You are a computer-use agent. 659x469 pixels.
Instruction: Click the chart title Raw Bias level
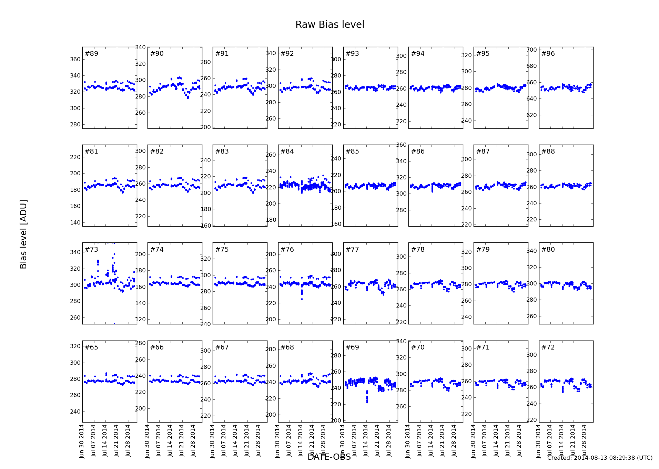tap(329, 25)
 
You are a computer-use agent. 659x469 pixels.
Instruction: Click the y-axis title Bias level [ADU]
tap(23, 234)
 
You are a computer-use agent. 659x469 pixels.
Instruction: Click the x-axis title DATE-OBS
tap(329, 457)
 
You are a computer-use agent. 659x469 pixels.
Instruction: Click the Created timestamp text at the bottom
tap(600, 458)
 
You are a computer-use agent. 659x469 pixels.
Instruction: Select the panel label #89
tap(91, 53)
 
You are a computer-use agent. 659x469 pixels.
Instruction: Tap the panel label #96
tap(548, 53)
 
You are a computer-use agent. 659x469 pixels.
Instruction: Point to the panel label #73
tap(91, 249)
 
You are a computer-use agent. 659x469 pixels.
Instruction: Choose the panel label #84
tap(287, 151)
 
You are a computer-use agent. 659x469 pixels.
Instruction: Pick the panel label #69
tap(352, 347)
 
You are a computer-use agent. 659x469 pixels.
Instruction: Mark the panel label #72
tap(548, 347)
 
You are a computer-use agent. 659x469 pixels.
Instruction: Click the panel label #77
tap(352, 249)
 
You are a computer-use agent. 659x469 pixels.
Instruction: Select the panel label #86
tap(418, 151)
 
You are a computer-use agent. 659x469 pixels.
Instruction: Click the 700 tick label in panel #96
tap(532, 50)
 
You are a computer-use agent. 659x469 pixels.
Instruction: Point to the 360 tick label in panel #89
tap(75, 59)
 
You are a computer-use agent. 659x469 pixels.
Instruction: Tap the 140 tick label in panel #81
tap(75, 222)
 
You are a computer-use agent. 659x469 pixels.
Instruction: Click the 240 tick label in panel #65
tap(75, 411)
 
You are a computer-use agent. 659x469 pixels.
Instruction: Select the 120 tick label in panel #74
tap(140, 319)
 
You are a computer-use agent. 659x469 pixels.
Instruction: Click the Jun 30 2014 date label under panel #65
tap(82, 441)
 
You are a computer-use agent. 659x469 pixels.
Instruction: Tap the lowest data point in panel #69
tap(367, 402)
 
